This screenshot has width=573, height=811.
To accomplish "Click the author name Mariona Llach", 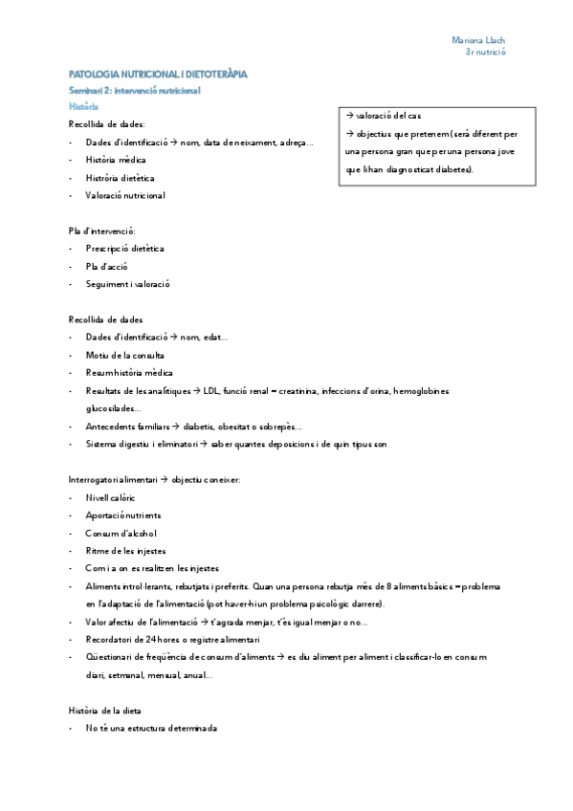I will click(x=478, y=40).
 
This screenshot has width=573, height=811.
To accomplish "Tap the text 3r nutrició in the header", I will click(x=485, y=53).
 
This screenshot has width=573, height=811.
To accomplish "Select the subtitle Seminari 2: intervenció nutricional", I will click(x=134, y=90).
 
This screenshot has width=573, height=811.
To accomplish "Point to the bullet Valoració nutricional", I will click(x=124, y=195).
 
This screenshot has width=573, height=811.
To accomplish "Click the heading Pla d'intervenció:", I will click(x=101, y=230).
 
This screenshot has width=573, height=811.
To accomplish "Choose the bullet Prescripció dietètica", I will click(x=123, y=248).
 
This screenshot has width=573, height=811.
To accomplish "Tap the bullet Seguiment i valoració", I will click(x=128, y=283).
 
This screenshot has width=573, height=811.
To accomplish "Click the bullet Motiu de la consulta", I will click(x=124, y=355).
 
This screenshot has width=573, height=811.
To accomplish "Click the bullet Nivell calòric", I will click(x=110, y=497).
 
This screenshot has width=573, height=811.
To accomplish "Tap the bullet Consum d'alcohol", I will click(x=120, y=533).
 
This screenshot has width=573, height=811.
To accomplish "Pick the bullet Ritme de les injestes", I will click(x=125, y=550).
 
